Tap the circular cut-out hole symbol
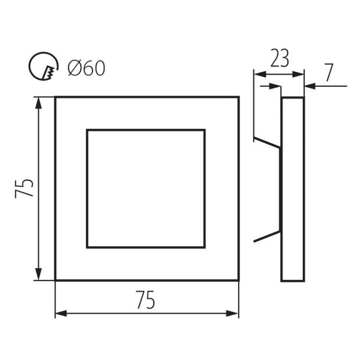tap(44, 67)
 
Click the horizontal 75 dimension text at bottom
tap(145, 301)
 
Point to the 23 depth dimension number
tap(279, 59)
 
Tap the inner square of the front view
tap(146, 188)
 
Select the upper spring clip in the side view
tap(266, 143)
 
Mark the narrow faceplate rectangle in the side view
tap(293, 189)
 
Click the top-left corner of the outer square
tap(56, 97)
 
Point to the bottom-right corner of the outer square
tap(238, 280)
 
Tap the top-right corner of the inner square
tap(205, 130)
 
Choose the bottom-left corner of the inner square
tap(87, 248)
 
